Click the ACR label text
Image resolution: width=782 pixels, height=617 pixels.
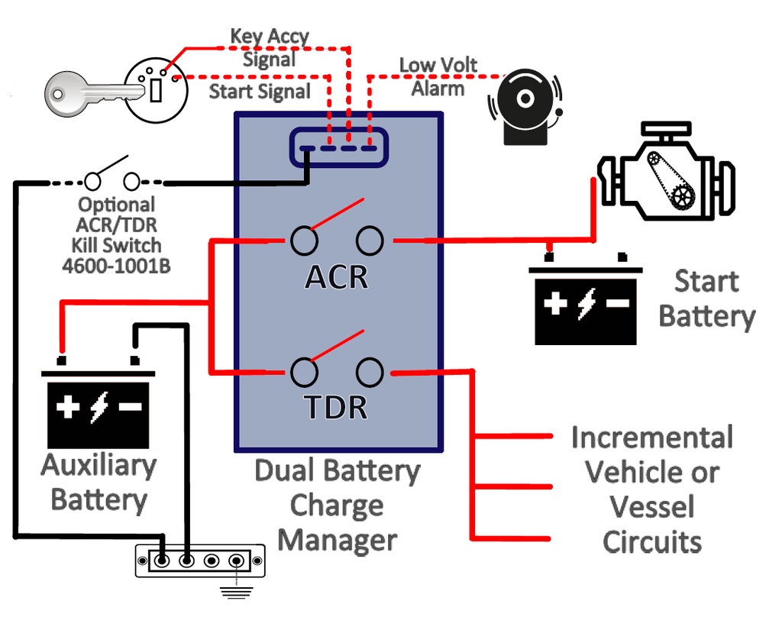(x=337, y=277)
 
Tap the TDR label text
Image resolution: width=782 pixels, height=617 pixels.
(x=337, y=408)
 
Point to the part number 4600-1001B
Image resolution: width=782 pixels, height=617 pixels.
(x=117, y=265)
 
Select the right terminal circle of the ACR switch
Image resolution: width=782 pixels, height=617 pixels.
(x=370, y=241)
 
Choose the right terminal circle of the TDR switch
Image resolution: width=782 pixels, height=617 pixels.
(x=370, y=372)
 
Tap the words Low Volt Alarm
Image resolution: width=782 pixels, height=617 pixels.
(x=438, y=76)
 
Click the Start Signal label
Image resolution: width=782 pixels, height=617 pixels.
(x=260, y=92)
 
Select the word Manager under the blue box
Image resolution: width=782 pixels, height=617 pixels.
(x=337, y=540)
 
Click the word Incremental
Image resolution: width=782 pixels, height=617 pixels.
(x=651, y=438)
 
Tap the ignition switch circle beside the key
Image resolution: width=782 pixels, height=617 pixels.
(x=156, y=89)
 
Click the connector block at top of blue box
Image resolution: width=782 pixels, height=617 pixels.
(x=338, y=147)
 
